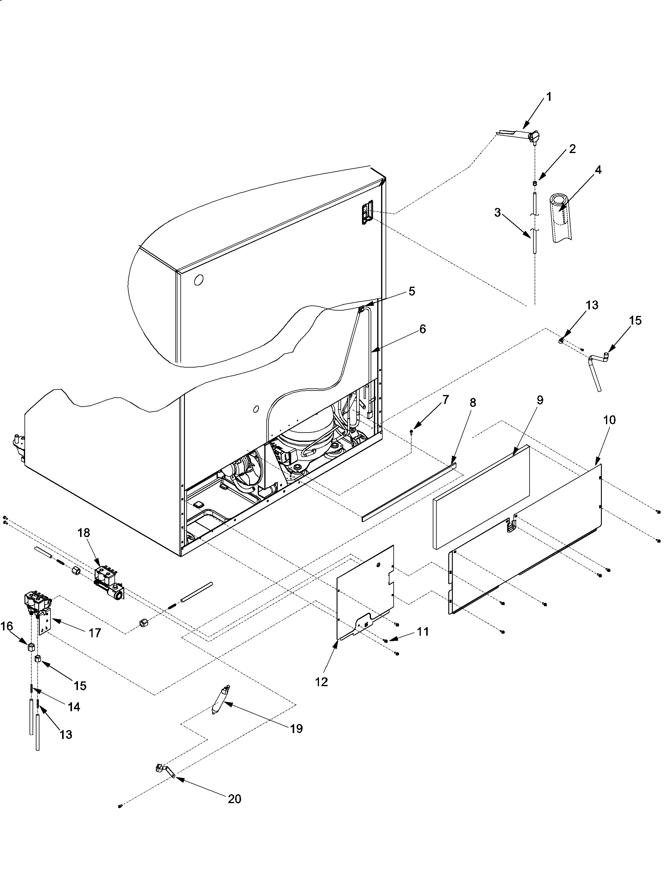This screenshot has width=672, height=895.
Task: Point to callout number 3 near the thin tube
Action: (x=497, y=212)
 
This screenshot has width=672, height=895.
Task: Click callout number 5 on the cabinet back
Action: (x=412, y=291)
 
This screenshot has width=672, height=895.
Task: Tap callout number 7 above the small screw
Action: (x=445, y=400)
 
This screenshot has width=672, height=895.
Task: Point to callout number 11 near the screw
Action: (x=423, y=631)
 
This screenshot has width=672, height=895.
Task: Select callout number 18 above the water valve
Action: (x=84, y=533)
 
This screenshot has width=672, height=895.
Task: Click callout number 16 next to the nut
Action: (x=7, y=626)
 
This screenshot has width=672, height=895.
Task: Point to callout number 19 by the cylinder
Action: (x=297, y=729)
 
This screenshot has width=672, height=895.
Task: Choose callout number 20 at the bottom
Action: (x=234, y=799)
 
